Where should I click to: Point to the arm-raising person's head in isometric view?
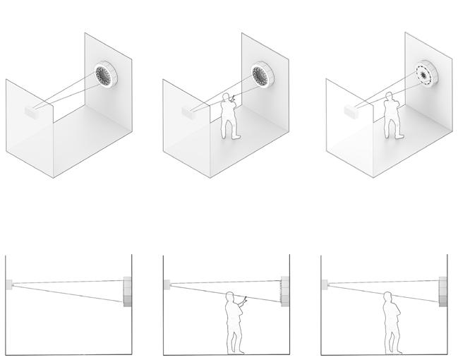(227, 97)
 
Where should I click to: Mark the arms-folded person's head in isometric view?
(389, 102)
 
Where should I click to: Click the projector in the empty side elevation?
(8, 284)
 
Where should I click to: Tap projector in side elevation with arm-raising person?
(167, 284)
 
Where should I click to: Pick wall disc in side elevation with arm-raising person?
(285, 292)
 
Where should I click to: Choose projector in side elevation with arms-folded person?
(324, 284)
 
